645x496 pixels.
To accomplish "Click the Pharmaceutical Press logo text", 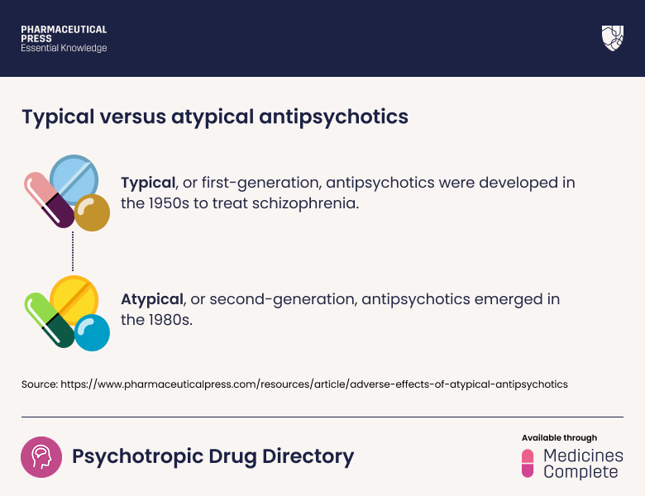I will pyautogui.click(x=64, y=39).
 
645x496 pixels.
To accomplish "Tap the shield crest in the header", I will pyautogui.click(x=612, y=38).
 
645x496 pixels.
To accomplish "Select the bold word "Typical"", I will pyautogui.click(x=148, y=183).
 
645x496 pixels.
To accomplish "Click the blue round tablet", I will pyautogui.click(x=74, y=179).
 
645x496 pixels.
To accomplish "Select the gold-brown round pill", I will pyautogui.click(x=92, y=213).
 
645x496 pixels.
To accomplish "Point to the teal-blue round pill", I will pyautogui.click(x=92, y=332).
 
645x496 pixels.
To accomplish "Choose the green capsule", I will pyautogui.click(x=49, y=318).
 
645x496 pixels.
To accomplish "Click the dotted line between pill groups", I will pyautogui.click(x=73, y=251).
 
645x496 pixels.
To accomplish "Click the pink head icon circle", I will pyautogui.click(x=41, y=457).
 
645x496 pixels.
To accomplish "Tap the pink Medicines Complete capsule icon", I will pyautogui.click(x=528, y=463).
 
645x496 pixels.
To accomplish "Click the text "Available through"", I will pyautogui.click(x=559, y=437).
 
